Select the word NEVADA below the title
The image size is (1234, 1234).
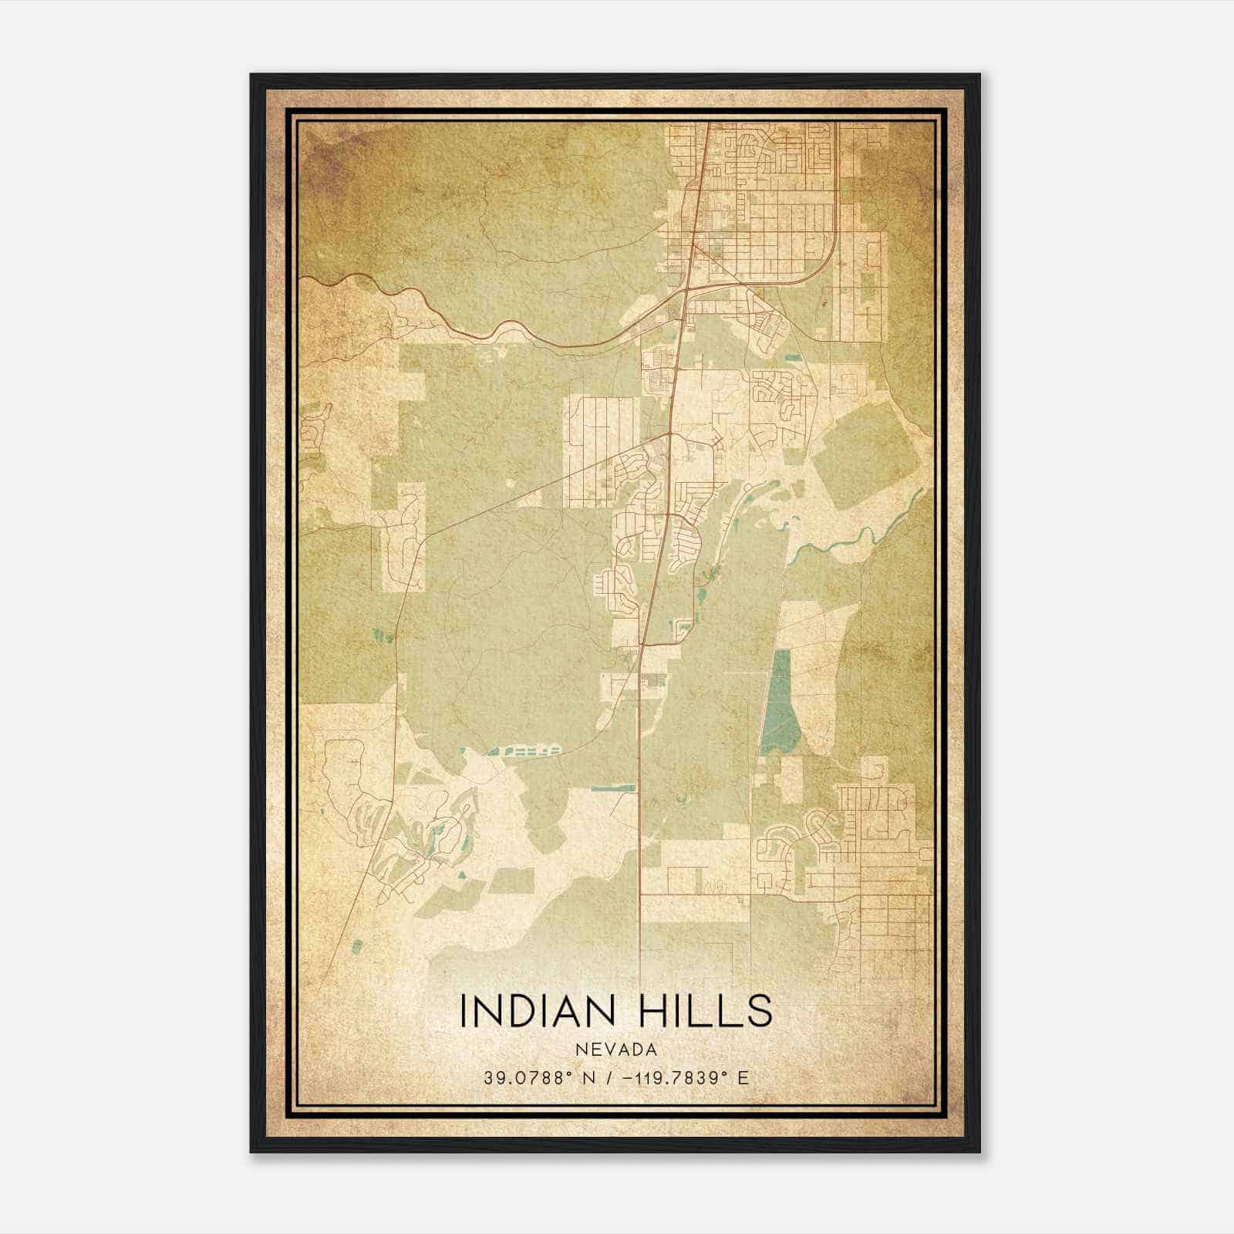tap(615, 1050)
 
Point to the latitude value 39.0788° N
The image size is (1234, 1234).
tap(532, 1077)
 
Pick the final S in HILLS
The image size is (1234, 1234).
tap(760, 1011)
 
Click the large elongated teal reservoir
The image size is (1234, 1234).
tap(777, 702)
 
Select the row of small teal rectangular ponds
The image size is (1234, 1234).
tap(524, 750)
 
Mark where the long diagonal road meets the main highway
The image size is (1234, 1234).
tap(670, 434)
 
